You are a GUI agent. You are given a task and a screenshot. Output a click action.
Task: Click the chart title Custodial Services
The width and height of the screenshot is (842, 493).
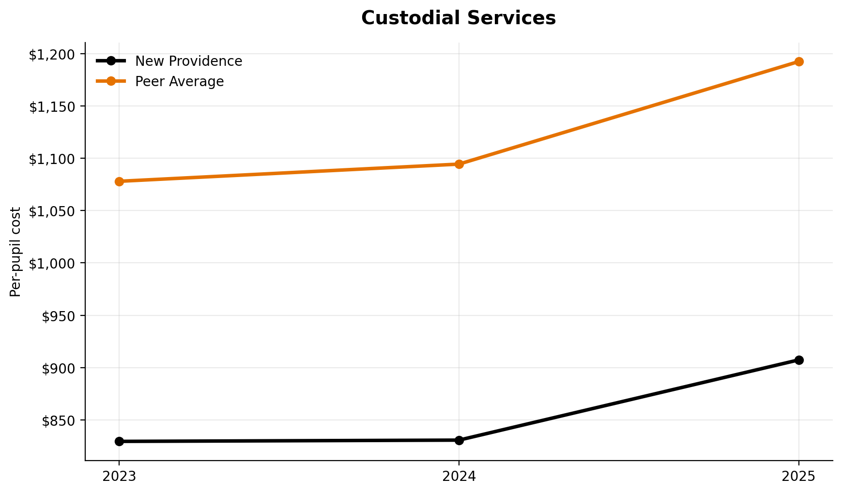[x=458, y=18]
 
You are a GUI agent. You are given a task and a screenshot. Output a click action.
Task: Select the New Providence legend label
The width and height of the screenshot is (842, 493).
[x=188, y=61]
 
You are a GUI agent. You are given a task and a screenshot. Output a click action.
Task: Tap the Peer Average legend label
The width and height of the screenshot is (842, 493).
[x=179, y=82]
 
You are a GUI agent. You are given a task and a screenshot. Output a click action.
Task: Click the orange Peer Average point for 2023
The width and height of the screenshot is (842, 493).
[x=120, y=181]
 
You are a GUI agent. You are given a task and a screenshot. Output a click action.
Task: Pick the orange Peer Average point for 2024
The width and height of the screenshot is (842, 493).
[x=459, y=164]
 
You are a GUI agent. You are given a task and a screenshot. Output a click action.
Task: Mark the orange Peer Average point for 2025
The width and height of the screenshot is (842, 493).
[x=799, y=61]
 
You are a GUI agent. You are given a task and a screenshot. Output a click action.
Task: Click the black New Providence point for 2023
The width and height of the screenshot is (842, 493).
[x=120, y=441]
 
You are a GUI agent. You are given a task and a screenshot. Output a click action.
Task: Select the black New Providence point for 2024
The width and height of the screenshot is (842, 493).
[x=459, y=440]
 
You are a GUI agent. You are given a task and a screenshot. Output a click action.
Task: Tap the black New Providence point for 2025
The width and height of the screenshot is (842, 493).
[x=799, y=360]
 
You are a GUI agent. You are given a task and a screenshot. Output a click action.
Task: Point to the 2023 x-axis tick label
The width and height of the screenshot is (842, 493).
[x=120, y=477]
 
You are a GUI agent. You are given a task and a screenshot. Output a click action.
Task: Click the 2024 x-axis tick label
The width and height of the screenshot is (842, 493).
[x=459, y=477]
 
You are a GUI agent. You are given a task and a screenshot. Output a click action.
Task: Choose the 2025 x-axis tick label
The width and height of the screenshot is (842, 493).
[x=799, y=477]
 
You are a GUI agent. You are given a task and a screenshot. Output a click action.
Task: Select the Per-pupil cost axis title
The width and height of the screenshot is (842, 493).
[x=16, y=252]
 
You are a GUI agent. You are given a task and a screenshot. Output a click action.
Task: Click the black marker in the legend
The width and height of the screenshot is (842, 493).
[x=111, y=61]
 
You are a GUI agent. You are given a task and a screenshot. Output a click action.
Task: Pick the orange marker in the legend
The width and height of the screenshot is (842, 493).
[x=111, y=81]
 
